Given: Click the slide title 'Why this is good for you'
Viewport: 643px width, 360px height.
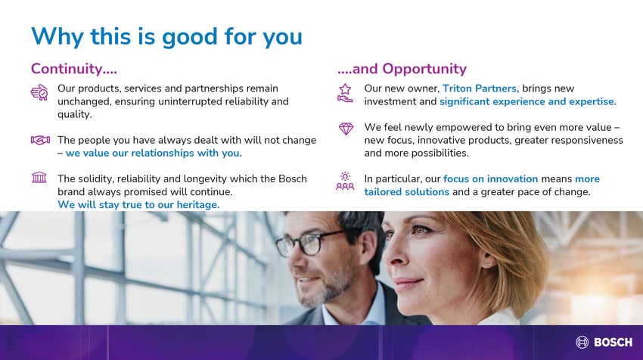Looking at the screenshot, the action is click(x=166, y=37).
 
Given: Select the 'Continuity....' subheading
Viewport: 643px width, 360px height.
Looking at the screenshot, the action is click(x=74, y=69).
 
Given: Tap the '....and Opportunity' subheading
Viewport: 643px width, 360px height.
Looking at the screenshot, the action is click(x=402, y=69).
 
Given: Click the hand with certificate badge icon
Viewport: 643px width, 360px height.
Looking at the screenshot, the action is click(x=39, y=93).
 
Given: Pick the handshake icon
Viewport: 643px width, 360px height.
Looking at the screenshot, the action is click(x=40, y=140).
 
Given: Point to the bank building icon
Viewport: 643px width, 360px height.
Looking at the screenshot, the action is click(x=39, y=178).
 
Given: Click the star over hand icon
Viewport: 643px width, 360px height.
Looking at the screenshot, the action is click(x=345, y=93).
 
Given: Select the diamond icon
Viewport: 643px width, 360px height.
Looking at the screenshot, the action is click(x=346, y=129).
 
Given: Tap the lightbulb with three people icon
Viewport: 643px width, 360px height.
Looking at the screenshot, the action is click(x=345, y=182).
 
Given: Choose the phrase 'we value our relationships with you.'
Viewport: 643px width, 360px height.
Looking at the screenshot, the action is click(x=154, y=153).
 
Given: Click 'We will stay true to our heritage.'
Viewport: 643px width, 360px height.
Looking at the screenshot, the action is click(x=138, y=205).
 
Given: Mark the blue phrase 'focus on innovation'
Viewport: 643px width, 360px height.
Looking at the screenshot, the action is click(x=490, y=178).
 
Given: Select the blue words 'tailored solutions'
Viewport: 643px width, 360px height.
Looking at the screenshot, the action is click(x=407, y=192).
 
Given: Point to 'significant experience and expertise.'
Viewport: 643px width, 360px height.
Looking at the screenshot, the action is click(x=528, y=101).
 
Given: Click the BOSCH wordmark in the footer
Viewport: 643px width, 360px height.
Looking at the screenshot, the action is click(x=613, y=343).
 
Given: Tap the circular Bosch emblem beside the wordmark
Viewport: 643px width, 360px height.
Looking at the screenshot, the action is click(x=582, y=342).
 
